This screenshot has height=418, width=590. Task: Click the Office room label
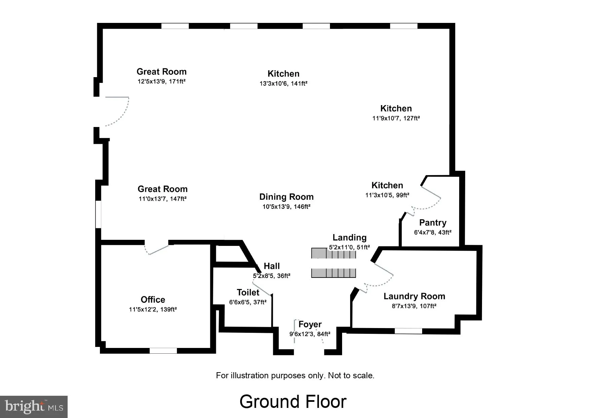click(153, 299)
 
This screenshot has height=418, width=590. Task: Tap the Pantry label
click(433, 223)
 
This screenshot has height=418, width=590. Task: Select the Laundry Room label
click(414, 296)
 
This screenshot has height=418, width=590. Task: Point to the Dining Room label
click(286, 197)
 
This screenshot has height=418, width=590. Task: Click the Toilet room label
click(248, 292)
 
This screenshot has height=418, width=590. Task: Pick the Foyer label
click(310, 324)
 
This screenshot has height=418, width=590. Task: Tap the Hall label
click(272, 266)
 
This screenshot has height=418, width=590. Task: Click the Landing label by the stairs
click(349, 237)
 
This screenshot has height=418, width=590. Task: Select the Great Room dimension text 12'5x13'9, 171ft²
click(161, 82)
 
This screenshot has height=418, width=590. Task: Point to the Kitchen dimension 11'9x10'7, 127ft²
click(396, 118)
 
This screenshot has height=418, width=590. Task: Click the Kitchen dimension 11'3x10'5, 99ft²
click(387, 195)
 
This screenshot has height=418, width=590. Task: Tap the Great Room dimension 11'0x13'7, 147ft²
click(162, 199)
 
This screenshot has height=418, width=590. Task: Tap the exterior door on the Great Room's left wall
click(116, 111)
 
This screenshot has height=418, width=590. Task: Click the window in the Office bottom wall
click(163, 351)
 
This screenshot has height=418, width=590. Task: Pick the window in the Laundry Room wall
click(408, 331)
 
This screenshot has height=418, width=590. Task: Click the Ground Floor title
click(293, 401)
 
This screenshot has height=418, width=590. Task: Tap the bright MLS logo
click(34, 407)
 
